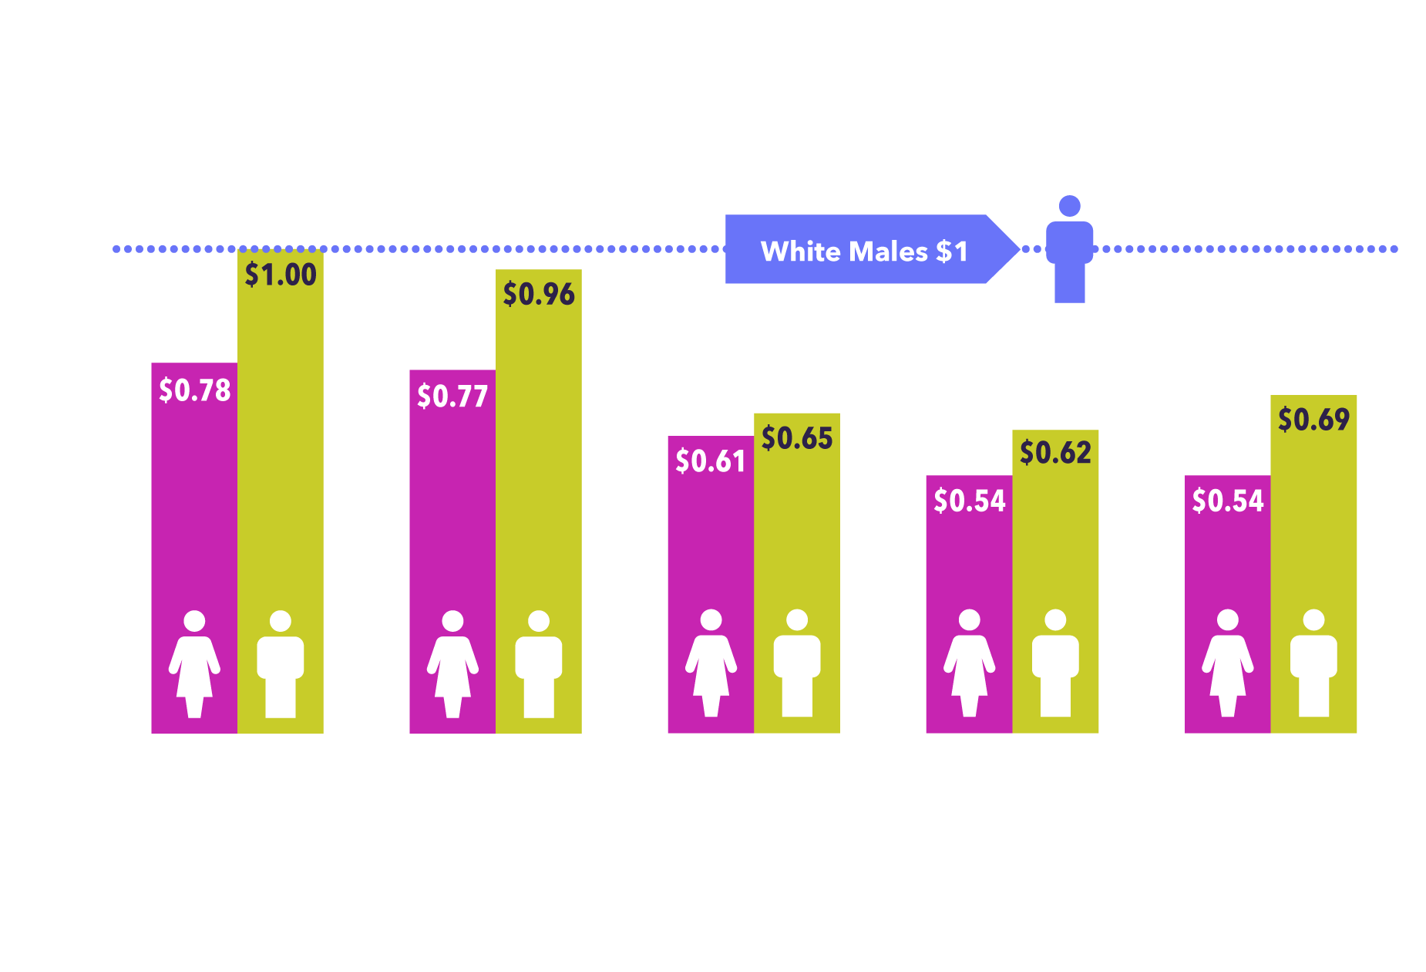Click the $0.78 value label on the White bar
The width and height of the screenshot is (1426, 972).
click(x=194, y=390)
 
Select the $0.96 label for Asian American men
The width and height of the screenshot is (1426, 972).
click(x=539, y=294)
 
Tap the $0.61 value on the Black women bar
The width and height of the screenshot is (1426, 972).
click(x=711, y=461)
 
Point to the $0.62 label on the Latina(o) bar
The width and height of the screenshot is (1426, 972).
click(x=1055, y=452)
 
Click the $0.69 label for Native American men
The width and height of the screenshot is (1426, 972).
click(x=1313, y=420)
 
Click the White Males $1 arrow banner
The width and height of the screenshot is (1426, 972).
click(x=863, y=251)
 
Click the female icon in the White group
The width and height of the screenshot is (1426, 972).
click(x=194, y=664)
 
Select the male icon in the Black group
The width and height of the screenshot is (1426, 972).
click(x=797, y=663)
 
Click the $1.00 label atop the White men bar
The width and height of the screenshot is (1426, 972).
click(x=281, y=275)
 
